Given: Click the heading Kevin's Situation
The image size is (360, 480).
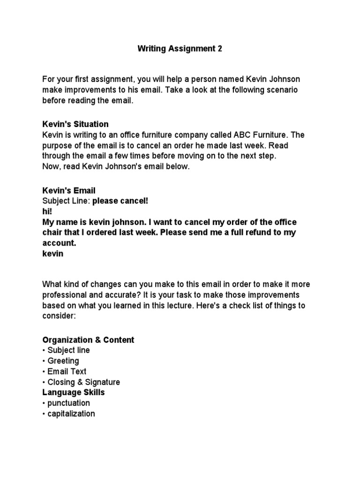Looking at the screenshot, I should point(75,124).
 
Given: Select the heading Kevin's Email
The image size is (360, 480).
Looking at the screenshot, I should point(69,191).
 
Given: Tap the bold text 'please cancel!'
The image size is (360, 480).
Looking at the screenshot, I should point(120,201).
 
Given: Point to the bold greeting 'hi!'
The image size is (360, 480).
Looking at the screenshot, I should point(47,212).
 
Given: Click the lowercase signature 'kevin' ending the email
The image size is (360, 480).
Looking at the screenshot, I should point(52,254).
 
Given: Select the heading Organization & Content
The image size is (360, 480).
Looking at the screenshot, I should point(88,340).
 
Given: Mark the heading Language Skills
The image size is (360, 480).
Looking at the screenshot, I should point(74,392).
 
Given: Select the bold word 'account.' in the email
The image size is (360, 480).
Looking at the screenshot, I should point(59,243).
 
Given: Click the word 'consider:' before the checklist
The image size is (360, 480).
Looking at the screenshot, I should point(59,316).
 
